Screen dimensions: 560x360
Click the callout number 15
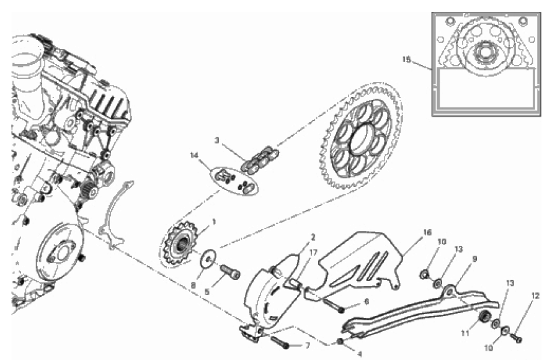pos(406,60)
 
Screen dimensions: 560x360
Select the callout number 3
pos(216,140)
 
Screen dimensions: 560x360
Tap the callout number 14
pos(194,155)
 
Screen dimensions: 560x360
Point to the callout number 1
pos(214,222)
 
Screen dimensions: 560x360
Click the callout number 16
pos(427,232)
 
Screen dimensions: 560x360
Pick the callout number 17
pos(313,253)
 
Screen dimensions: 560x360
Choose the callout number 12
pos(535,295)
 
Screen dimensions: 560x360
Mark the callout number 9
pos(474,259)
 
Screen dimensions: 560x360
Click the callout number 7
pos(308,346)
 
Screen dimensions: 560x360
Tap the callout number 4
pos(359,354)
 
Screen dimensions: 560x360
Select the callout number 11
pos(464,333)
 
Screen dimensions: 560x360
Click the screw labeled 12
pos(516,337)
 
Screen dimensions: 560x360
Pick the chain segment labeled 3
pos(260,160)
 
